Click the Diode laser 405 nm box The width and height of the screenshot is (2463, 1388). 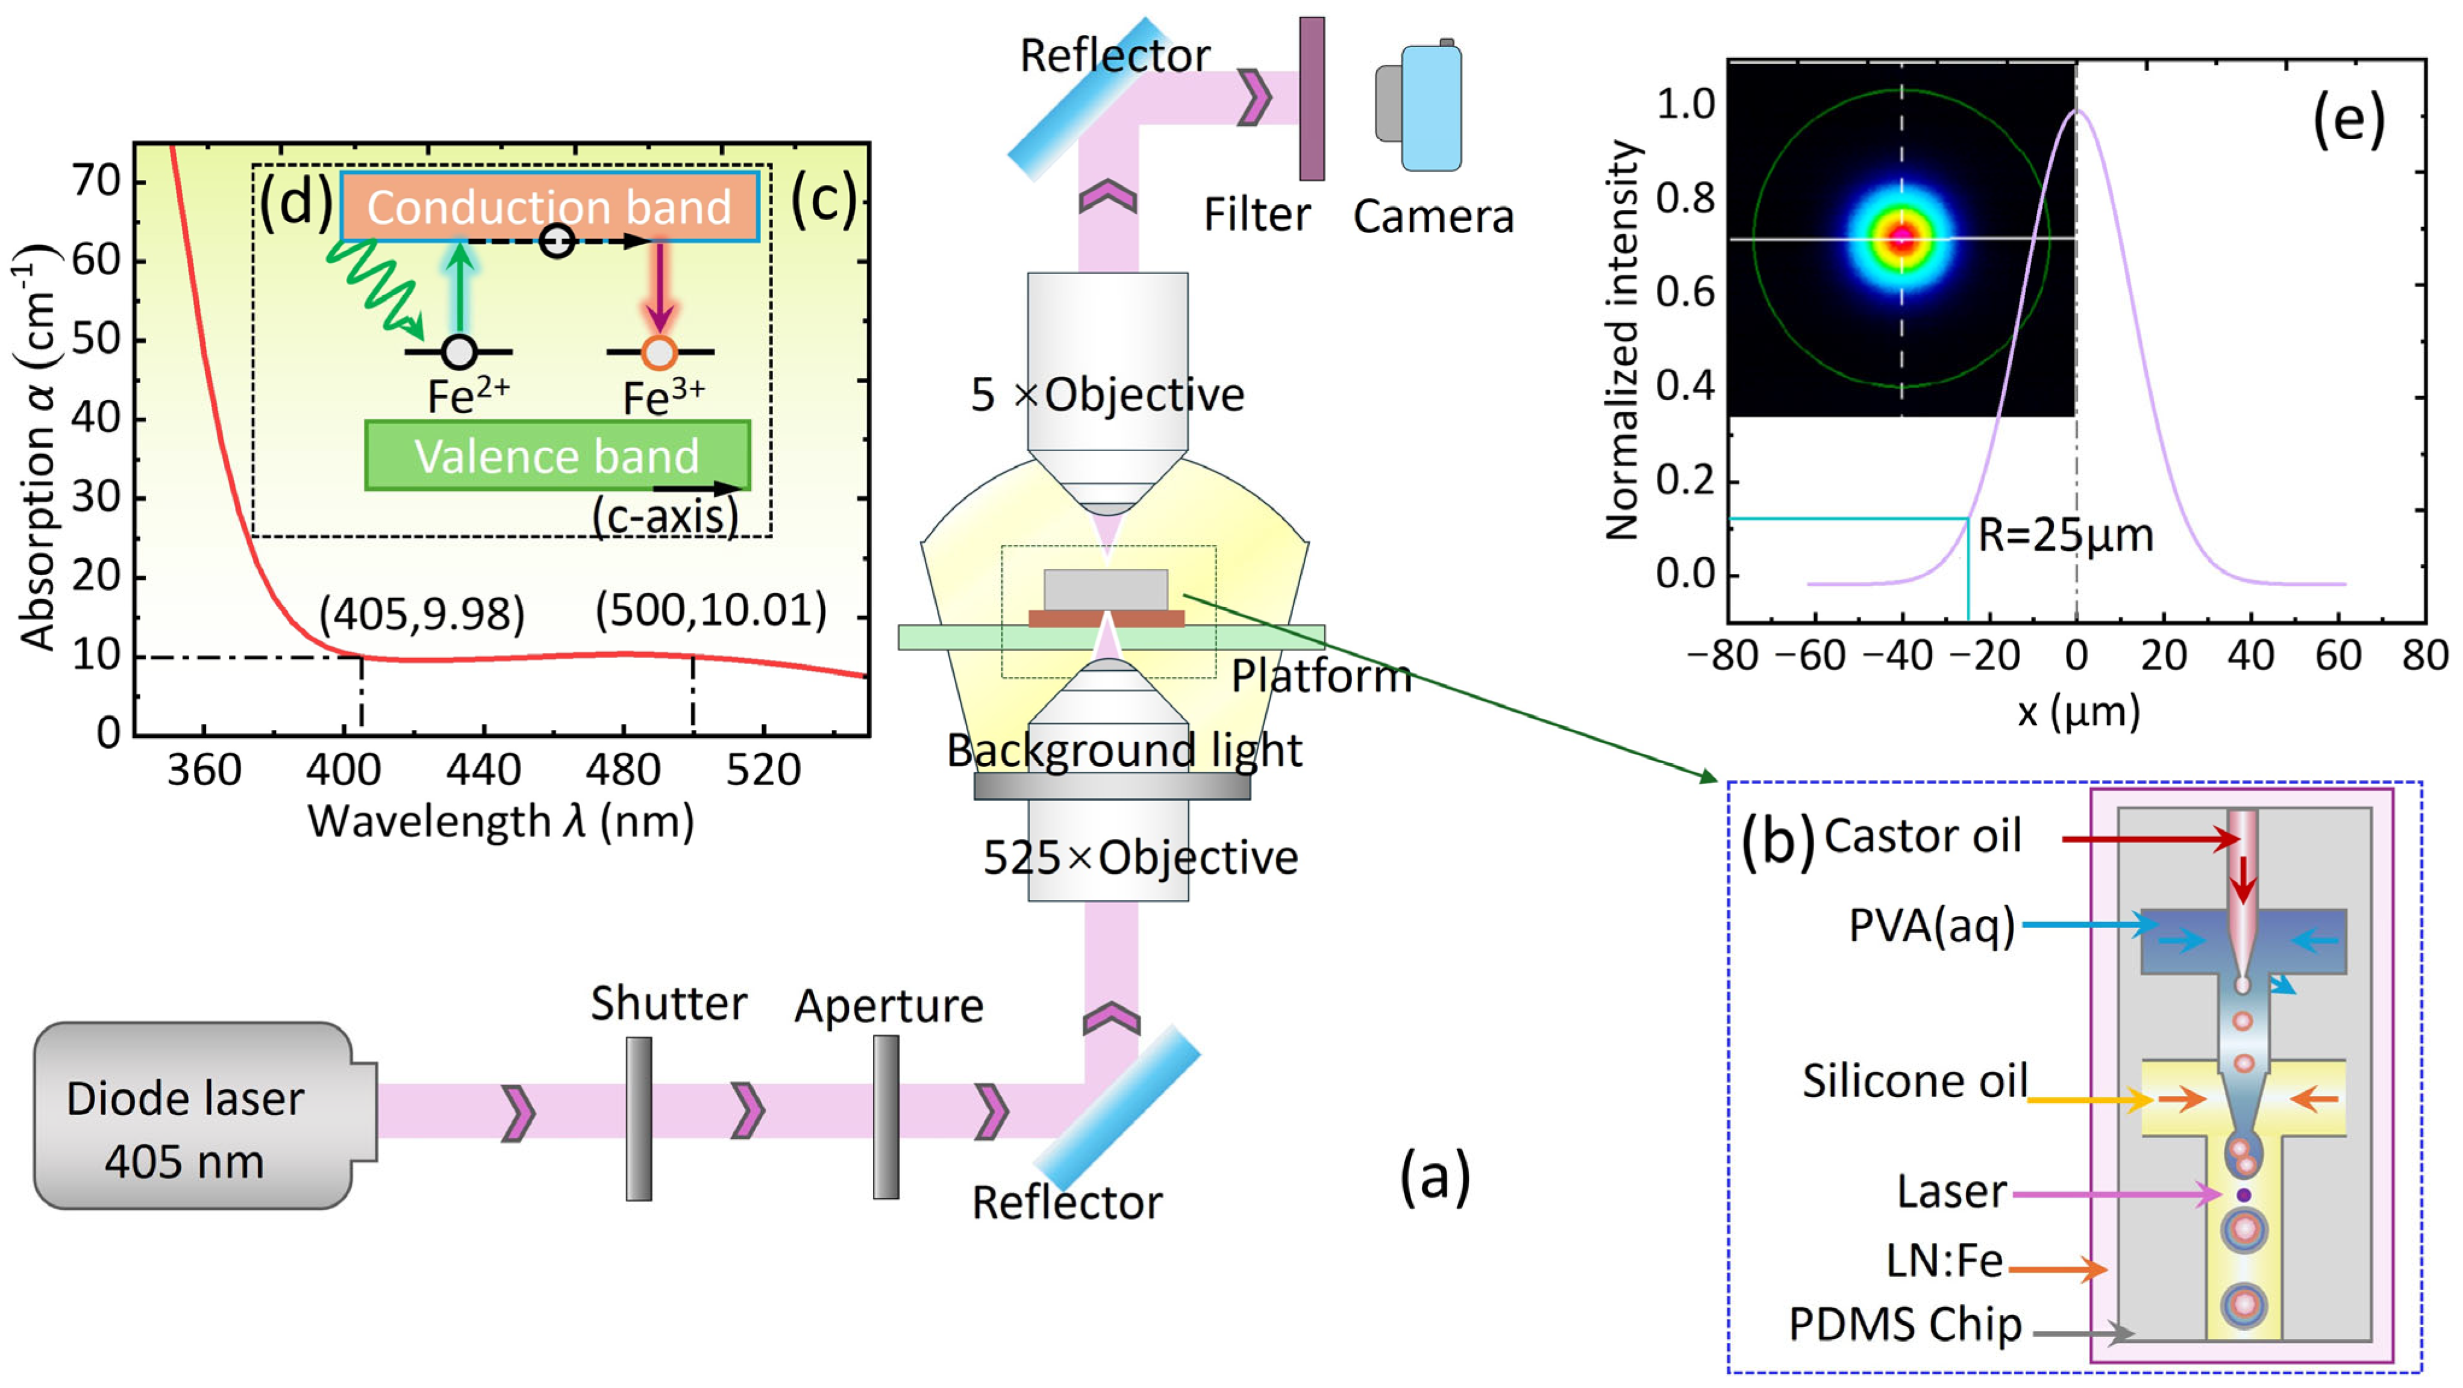pyautogui.click(x=191, y=1116)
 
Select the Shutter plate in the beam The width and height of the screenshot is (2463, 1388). pyautogui.click(x=639, y=1118)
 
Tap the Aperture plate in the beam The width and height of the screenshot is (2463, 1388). pyautogui.click(x=886, y=1116)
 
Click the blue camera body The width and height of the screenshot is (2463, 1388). pyautogui.click(x=1432, y=107)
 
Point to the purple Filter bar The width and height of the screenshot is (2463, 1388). pyautogui.click(x=1312, y=99)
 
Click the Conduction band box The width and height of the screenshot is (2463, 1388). pyautogui.click(x=549, y=207)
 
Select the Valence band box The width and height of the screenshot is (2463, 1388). pyautogui.click(x=557, y=456)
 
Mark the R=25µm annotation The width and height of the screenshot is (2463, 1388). pyautogui.click(x=2065, y=535)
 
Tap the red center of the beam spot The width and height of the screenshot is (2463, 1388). pyautogui.click(x=1901, y=239)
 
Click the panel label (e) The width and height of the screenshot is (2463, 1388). pyautogui.click(x=2349, y=122)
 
